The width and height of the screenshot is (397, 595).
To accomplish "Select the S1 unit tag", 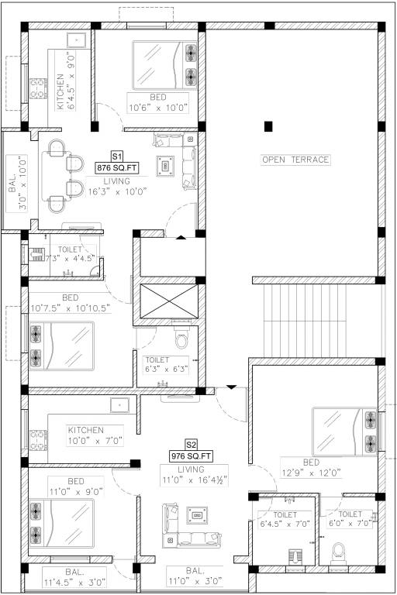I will pyautogui.click(x=118, y=156).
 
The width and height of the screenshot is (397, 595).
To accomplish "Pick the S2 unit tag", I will pyautogui.click(x=192, y=445).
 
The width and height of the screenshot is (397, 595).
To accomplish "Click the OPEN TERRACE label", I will pyautogui.click(x=295, y=160).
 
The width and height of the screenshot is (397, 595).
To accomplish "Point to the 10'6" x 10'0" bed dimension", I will pyautogui.click(x=159, y=108).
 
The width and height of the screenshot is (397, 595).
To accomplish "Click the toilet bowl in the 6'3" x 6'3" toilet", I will pyautogui.click(x=182, y=340).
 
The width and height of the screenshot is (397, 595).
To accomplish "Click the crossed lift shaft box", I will pyautogui.click(x=168, y=304).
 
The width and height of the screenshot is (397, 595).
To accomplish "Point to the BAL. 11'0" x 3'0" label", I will pyautogui.click(x=194, y=576).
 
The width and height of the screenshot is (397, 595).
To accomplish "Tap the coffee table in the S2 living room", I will pyautogui.click(x=198, y=515).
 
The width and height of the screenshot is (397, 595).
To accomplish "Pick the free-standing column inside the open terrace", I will pyautogui.click(x=268, y=126).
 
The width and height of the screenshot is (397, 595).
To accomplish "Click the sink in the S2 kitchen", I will pyautogui.click(x=118, y=404).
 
